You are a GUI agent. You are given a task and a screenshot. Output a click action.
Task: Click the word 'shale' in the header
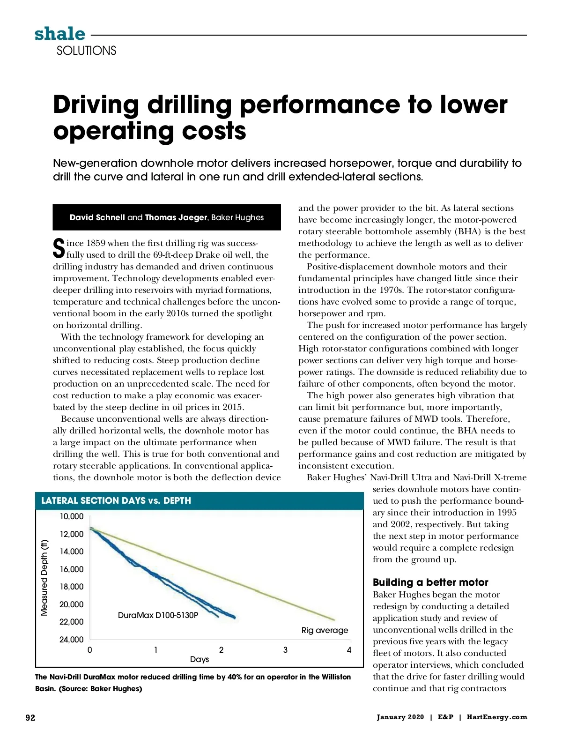[x=60, y=34]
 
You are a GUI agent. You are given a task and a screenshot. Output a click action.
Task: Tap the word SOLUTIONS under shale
[x=86, y=51]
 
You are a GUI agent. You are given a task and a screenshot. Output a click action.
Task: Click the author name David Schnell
[x=97, y=217]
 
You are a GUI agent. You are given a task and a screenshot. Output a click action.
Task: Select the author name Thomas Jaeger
[x=176, y=217]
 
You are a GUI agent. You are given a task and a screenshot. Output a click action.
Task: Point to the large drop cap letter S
[x=59, y=248]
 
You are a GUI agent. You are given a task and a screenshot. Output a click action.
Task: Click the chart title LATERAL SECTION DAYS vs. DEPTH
[x=116, y=500]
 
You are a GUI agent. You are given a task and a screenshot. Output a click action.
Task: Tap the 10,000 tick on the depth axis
[x=71, y=516]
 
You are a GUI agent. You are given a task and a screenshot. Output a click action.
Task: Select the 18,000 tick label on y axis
[x=71, y=587]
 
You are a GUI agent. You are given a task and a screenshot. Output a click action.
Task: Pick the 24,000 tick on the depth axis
[x=71, y=640]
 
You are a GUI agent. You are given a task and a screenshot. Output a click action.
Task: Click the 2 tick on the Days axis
[x=222, y=650]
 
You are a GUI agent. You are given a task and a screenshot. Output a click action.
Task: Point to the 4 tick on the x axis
[x=349, y=650]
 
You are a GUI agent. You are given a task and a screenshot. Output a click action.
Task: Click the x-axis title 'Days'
[x=200, y=659]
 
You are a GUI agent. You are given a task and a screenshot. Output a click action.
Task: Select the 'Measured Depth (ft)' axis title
[x=44, y=577]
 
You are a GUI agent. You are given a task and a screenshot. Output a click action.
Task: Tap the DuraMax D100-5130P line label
[x=158, y=615]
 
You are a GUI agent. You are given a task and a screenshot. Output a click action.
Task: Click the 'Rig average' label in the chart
[x=325, y=630]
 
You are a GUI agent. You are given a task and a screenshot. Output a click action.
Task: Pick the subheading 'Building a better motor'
[x=430, y=582]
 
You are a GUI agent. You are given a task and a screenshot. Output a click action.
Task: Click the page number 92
[x=30, y=718]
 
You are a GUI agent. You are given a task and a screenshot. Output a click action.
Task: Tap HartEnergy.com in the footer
[x=497, y=717]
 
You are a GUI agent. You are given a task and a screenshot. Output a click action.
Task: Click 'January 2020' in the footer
[x=400, y=717]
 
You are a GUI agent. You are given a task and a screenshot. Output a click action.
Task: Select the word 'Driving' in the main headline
[x=96, y=104]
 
